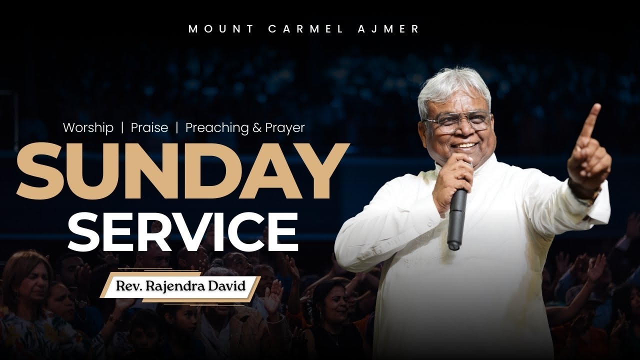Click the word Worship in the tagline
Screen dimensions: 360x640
88,128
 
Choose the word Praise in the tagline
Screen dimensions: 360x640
149,128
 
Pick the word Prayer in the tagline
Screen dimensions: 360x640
284,128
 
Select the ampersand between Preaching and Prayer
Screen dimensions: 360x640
257,128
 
